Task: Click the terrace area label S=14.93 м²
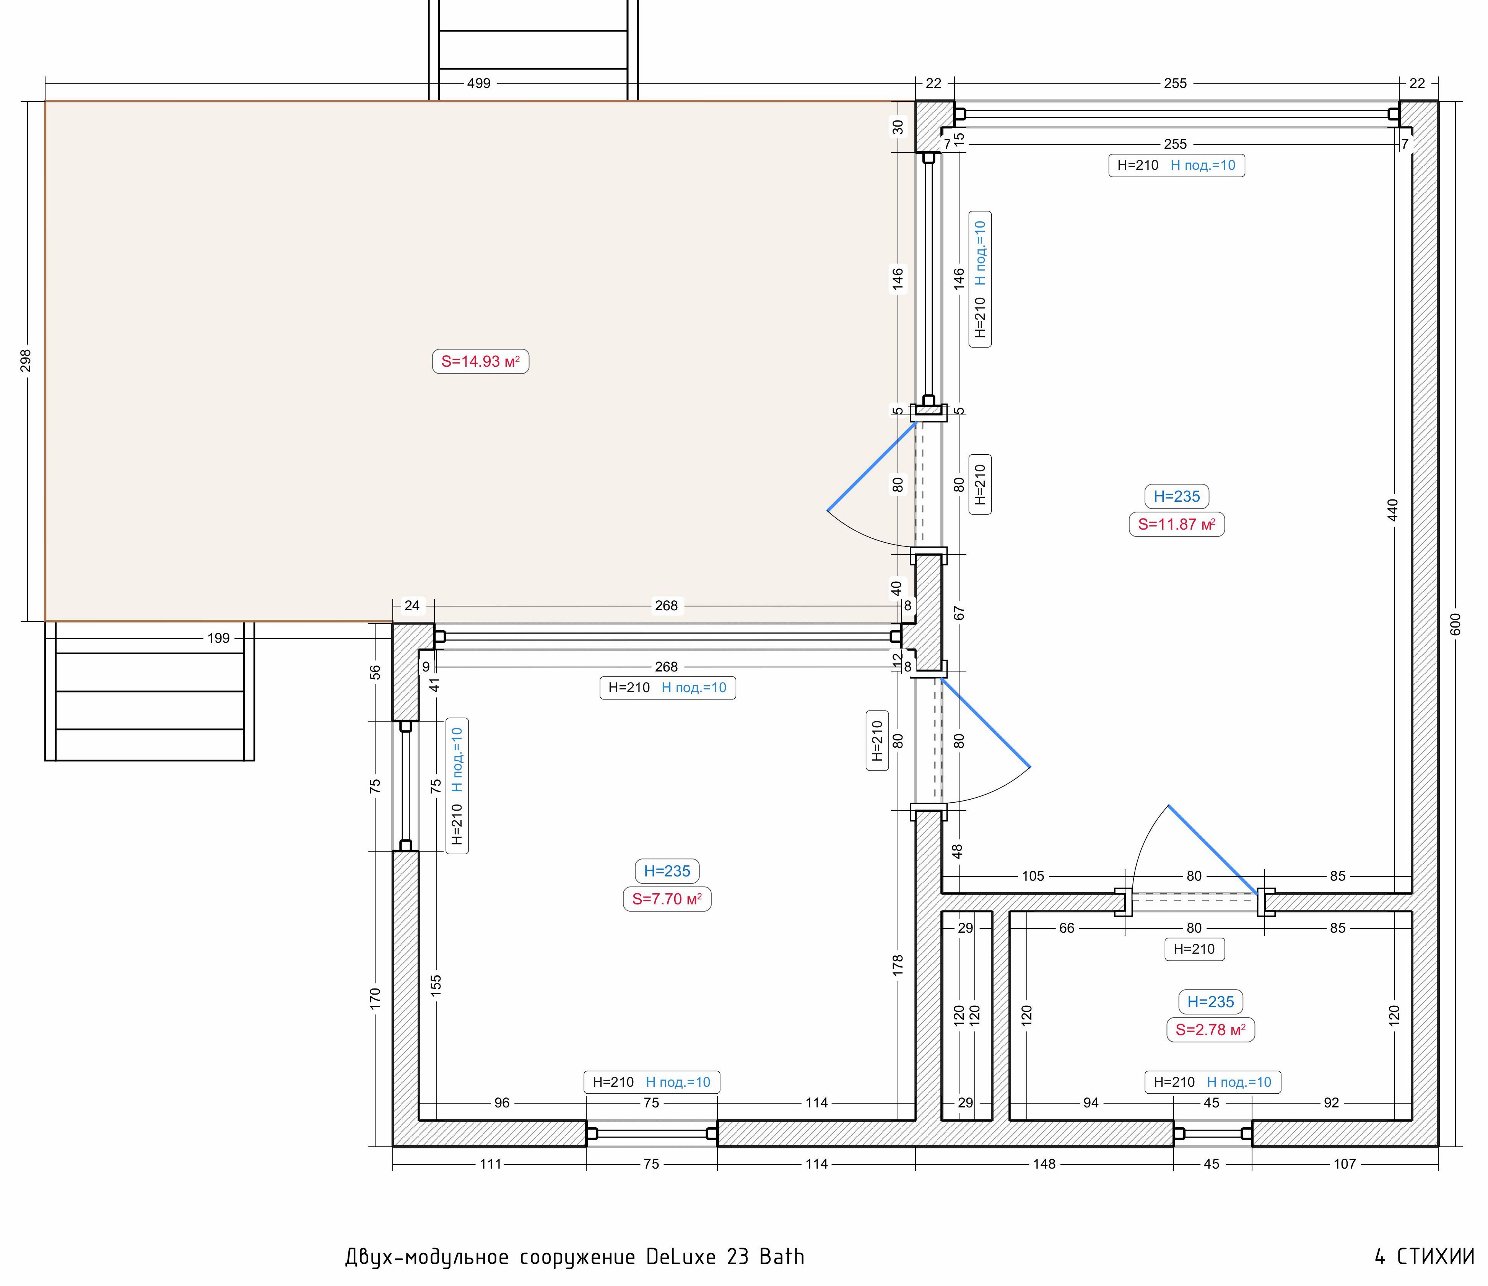point(480,361)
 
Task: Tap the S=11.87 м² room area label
point(1176,524)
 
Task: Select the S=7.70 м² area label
point(667,899)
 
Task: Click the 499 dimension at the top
point(479,83)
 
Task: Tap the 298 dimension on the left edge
point(26,361)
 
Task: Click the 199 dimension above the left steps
point(218,637)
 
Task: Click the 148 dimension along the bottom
point(1044,1164)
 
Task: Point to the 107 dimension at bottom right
point(1344,1164)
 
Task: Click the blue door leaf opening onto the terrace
point(872,467)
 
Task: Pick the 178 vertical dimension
point(898,964)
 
